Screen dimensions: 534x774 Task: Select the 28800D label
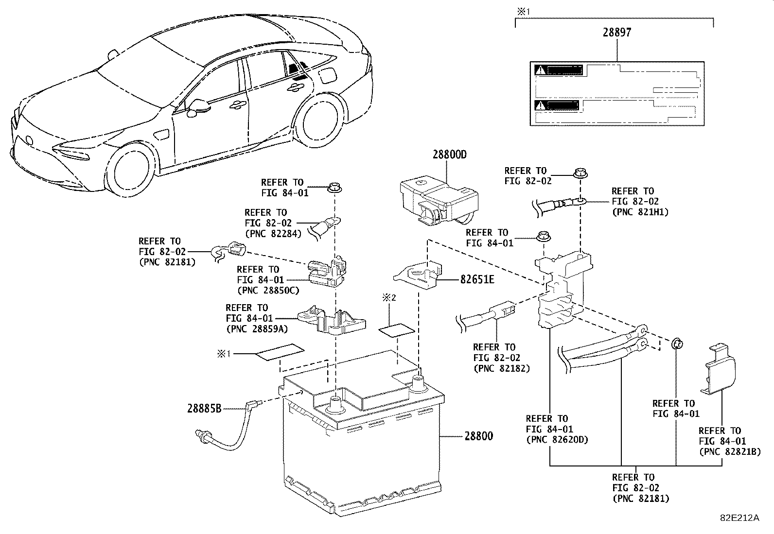450,155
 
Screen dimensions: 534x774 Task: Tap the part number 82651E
477,280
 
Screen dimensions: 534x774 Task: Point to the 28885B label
204,409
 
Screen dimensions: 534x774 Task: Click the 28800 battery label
478,436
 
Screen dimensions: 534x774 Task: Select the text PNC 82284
273,233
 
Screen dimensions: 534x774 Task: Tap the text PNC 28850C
268,291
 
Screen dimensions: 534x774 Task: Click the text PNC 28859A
257,329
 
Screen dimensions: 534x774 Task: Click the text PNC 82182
501,368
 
